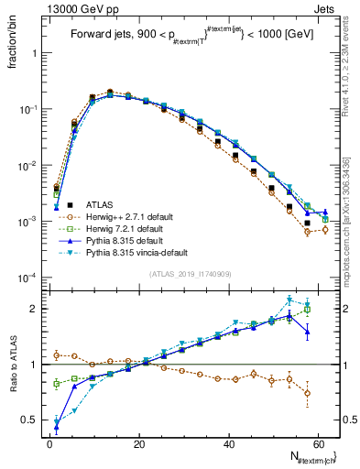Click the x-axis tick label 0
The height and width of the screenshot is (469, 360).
(49, 444)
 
